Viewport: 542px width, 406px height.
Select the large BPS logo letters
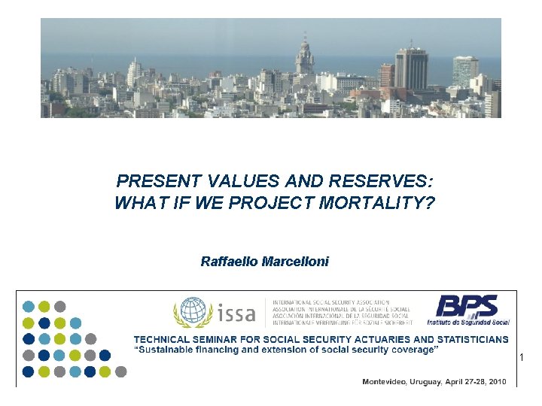pos(467,306)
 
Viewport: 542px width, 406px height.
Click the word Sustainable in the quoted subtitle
pos(168,350)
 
